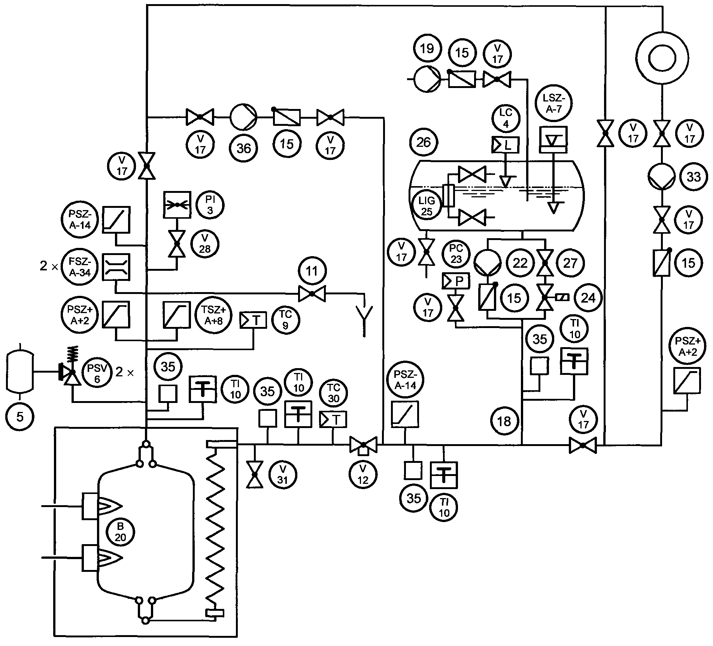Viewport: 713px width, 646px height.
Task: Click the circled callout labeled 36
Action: coord(244,148)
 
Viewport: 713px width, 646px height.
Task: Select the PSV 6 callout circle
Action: coord(97,373)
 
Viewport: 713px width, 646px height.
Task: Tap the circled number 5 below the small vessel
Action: coord(20,417)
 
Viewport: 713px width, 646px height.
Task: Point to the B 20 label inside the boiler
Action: coord(120,532)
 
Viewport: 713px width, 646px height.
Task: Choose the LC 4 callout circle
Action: coord(506,119)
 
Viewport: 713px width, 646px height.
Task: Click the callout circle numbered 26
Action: coord(424,142)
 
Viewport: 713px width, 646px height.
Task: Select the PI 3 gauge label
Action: coord(210,205)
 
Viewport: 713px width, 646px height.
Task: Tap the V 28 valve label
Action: coord(205,244)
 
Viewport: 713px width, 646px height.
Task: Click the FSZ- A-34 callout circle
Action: coord(80,266)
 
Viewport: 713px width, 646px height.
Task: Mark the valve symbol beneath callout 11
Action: coord(312,294)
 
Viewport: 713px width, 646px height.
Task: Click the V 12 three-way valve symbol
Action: coord(363,445)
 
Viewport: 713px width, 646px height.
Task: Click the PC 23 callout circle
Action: coord(456,254)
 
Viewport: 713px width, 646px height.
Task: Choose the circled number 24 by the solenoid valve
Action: coord(588,298)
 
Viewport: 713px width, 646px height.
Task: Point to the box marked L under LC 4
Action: coord(505,145)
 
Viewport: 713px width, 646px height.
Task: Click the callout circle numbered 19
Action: coord(427,48)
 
